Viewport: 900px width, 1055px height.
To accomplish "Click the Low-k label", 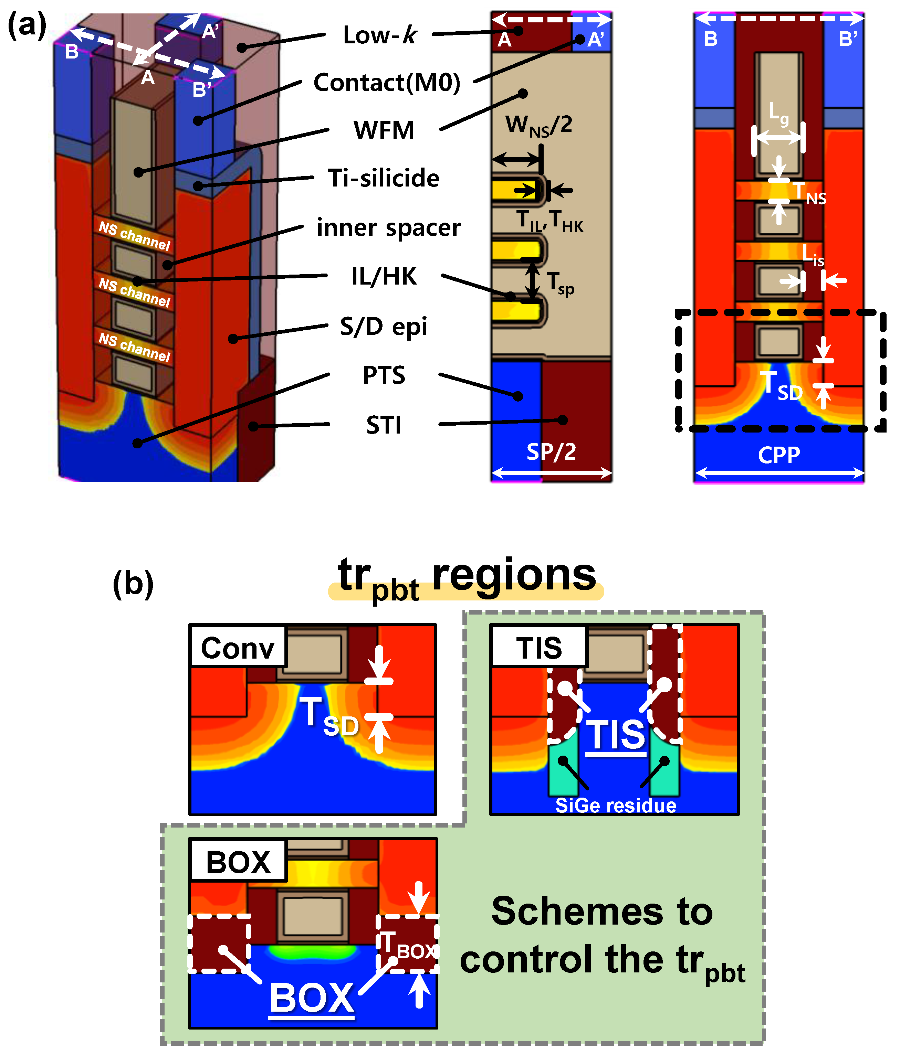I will [x=379, y=35].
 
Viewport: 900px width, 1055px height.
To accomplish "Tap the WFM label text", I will [x=384, y=130].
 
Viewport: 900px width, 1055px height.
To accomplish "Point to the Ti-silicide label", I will [x=384, y=178].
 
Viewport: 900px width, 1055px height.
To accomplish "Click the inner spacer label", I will [x=388, y=227].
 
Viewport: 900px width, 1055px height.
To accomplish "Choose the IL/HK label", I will [x=384, y=276].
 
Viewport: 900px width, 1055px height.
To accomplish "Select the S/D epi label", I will [x=384, y=326].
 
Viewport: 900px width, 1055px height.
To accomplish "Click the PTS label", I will [x=384, y=375].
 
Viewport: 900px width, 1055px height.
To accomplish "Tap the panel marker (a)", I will [x=27, y=25].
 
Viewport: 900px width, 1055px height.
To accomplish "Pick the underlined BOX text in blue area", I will [x=311, y=999].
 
